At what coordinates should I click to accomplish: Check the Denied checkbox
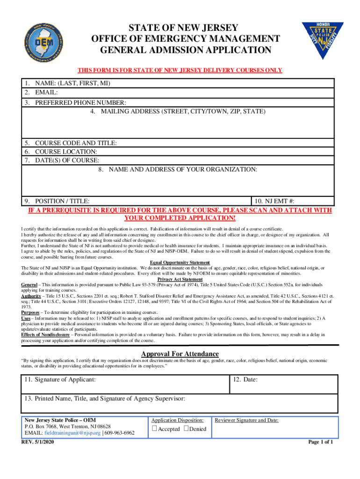click(186, 429)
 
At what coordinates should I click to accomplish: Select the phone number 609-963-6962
click(120, 433)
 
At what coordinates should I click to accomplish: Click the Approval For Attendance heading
click(180, 354)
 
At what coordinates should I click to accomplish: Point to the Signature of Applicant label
click(61, 379)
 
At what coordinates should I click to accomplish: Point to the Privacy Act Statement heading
click(180, 280)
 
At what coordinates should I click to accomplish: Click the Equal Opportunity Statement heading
click(180, 262)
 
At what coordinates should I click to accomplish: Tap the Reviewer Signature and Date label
click(246, 420)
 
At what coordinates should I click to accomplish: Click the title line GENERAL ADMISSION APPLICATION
click(180, 50)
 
